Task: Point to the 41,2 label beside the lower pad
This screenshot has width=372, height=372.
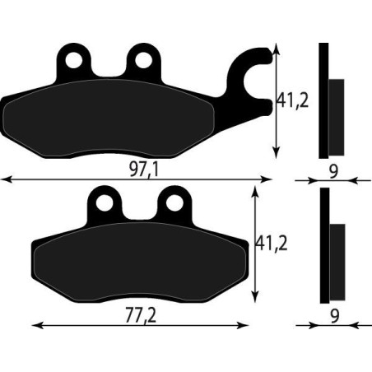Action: (271, 244)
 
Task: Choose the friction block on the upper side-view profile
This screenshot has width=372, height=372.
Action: (337, 115)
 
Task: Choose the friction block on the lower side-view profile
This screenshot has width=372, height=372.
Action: (337, 262)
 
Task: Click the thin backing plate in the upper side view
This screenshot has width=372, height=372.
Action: (323, 99)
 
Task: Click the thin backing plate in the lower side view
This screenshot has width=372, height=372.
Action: (324, 247)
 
